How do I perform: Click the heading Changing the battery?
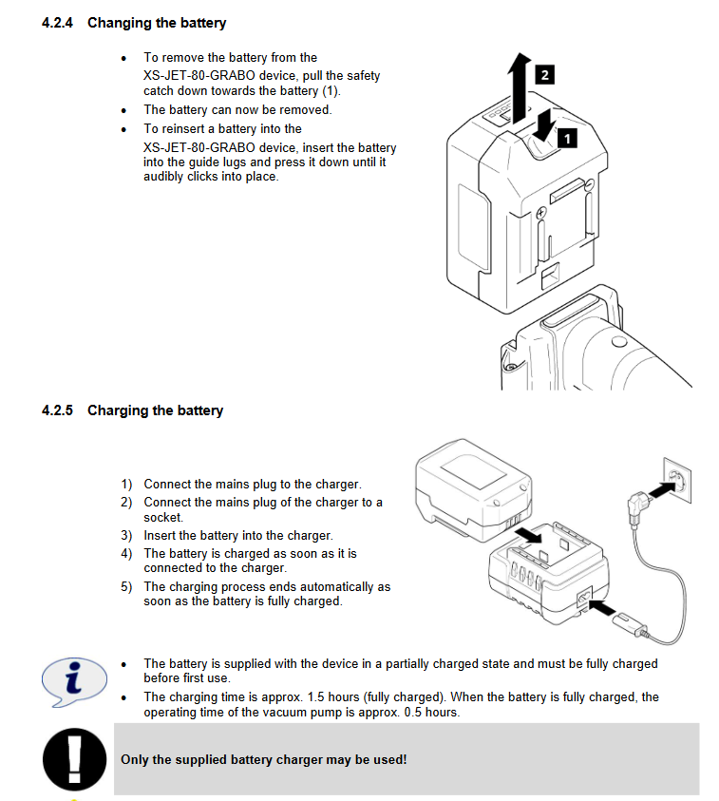(x=157, y=22)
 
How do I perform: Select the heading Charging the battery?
(x=155, y=410)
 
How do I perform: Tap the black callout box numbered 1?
(x=566, y=139)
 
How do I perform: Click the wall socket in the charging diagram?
(x=676, y=478)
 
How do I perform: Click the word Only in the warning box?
(x=135, y=760)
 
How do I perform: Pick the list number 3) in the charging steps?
(x=126, y=535)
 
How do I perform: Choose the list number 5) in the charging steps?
(x=126, y=586)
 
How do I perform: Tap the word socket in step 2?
(x=161, y=517)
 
